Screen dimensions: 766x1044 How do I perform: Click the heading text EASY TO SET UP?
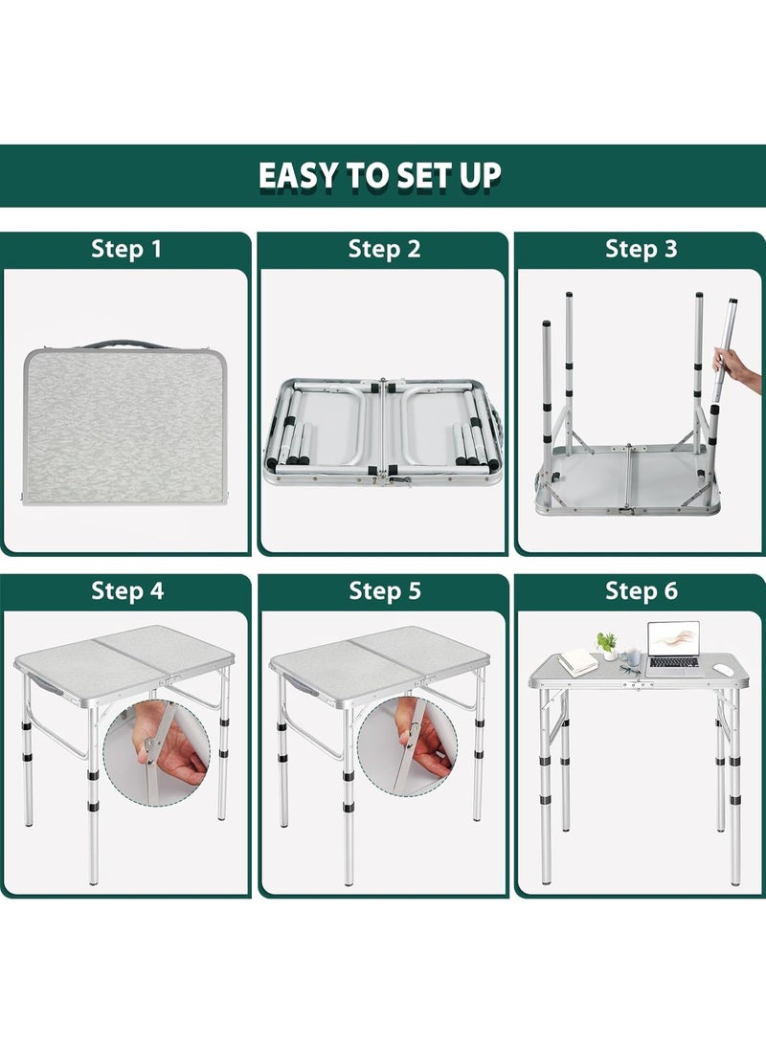click(x=380, y=176)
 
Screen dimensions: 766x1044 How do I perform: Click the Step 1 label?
click(x=126, y=249)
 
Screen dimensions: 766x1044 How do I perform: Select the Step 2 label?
click(x=384, y=249)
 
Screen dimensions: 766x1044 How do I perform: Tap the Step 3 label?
click(x=641, y=249)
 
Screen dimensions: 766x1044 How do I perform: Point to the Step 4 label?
click(x=127, y=590)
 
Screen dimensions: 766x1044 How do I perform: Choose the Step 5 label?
click(x=385, y=590)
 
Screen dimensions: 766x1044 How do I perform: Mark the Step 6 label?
click(x=641, y=590)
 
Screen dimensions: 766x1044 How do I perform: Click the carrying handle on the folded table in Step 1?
click(x=125, y=344)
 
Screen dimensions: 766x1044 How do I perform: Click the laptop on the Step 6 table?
click(x=672, y=649)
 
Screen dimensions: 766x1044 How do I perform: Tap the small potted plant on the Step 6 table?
click(x=607, y=645)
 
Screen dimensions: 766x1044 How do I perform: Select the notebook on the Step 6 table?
click(x=576, y=662)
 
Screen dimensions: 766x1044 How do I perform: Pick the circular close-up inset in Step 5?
click(x=408, y=747)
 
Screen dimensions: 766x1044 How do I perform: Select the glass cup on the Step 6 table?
click(x=634, y=657)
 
